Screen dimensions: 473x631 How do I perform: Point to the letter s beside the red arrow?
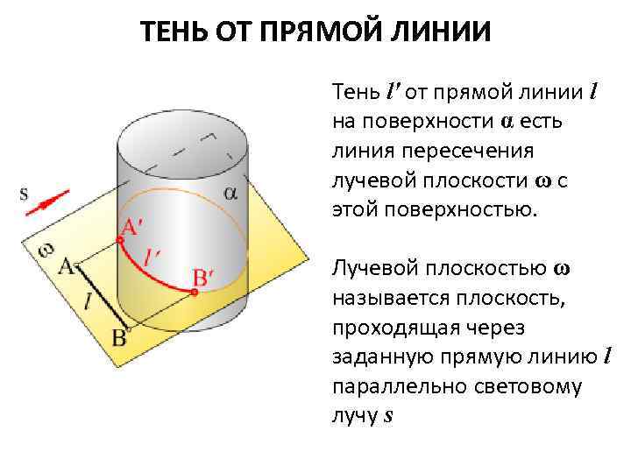point(24,194)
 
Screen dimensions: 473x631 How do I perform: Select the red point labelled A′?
point(119,239)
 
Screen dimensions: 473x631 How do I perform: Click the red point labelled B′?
point(195,293)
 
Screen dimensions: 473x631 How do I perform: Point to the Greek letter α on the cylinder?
point(230,194)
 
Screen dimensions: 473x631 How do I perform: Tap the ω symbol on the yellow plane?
point(46,248)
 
